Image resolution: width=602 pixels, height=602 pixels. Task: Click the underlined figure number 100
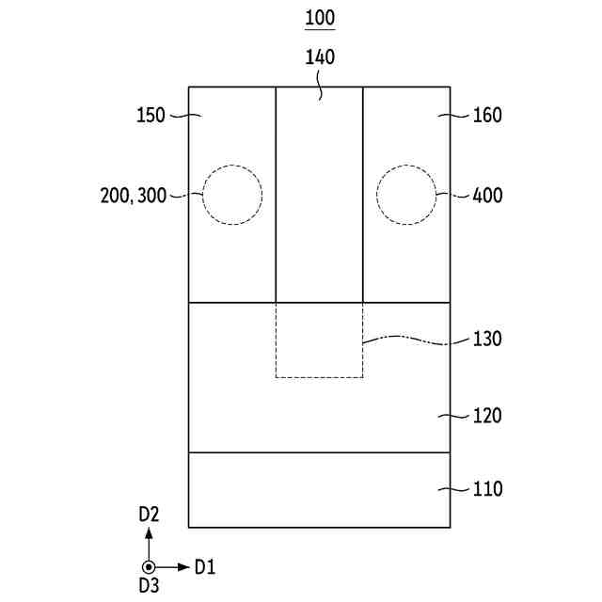[x=320, y=18]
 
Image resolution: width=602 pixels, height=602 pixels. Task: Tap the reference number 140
[x=320, y=57]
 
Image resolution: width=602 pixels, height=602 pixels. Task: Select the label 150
[x=150, y=115]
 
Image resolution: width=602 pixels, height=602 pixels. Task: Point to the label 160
[x=487, y=115]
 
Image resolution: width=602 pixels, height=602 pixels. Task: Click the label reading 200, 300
[x=134, y=196]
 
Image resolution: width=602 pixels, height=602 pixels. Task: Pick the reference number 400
[x=487, y=196]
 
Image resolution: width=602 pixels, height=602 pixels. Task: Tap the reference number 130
[x=487, y=339]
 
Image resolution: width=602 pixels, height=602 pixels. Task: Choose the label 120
[x=487, y=416]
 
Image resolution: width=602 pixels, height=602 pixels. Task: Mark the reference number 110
[x=487, y=489]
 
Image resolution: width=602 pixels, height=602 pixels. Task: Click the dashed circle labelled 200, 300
[x=203, y=195]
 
